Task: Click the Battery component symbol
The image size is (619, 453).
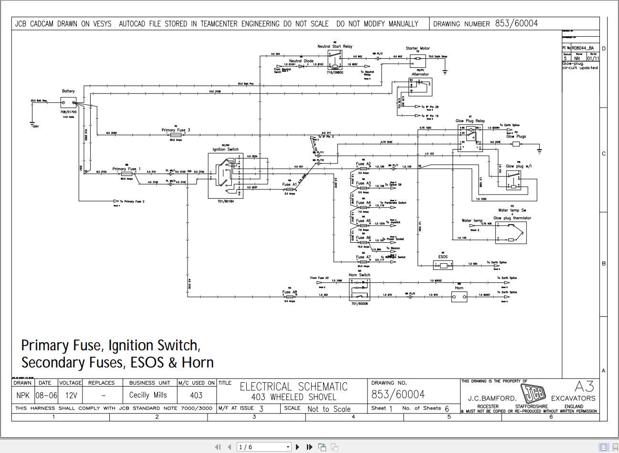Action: pyautogui.click(x=68, y=102)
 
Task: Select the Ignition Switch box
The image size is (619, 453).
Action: pyautogui.click(x=225, y=175)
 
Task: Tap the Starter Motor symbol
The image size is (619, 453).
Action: pyautogui.click(x=418, y=60)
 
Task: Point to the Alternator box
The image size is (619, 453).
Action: pyautogui.click(x=420, y=86)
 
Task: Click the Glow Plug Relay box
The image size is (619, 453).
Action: pyautogui.click(x=470, y=138)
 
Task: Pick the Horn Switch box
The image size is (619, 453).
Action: pyautogui.click(x=359, y=289)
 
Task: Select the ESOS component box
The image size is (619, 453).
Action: pyautogui.click(x=443, y=264)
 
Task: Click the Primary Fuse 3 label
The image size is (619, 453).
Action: pyautogui.click(x=175, y=130)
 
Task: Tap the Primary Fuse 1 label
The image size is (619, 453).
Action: pyautogui.click(x=126, y=169)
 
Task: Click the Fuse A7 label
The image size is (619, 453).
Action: pyautogui.click(x=363, y=257)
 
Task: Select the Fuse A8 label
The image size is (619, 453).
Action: pyautogui.click(x=290, y=292)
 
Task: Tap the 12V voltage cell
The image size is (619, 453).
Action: pyautogui.click(x=70, y=395)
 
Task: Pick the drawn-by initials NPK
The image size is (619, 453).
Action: pyautogui.click(x=22, y=395)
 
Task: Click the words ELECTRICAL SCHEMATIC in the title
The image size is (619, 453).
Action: pyautogui.click(x=293, y=387)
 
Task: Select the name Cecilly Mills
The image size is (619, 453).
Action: pyautogui.click(x=148, y=395)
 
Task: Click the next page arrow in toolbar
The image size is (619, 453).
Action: pyautogui.click(x=298, y=447)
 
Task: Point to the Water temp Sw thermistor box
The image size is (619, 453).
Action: pyautogui.click(x=511, y=233)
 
